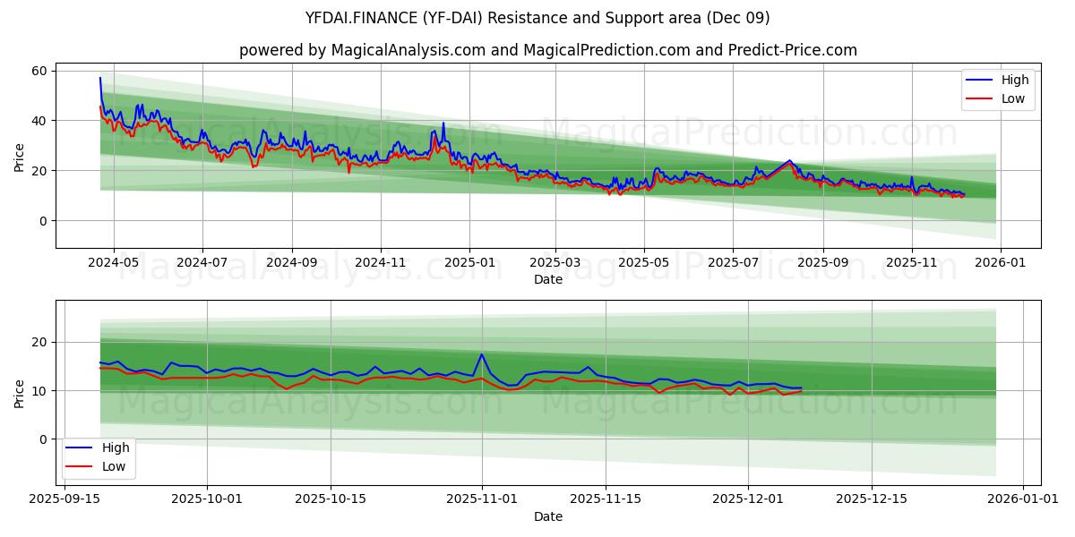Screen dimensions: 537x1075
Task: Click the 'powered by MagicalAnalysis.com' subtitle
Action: pos(548,50)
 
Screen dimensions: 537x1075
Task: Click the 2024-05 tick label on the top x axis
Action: pos(113,263)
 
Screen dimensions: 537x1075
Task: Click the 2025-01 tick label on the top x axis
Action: pos(469,263)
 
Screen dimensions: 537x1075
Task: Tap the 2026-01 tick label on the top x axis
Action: pos(1000,263)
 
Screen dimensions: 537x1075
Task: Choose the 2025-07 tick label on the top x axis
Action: pos(733,263)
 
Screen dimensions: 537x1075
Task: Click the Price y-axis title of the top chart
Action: pos(20,158)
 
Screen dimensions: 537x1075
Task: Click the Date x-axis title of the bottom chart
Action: pos(548,516)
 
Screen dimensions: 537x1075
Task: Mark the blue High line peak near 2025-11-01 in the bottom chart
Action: pos(482,354)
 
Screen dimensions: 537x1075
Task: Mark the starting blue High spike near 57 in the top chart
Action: pos(100,78)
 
